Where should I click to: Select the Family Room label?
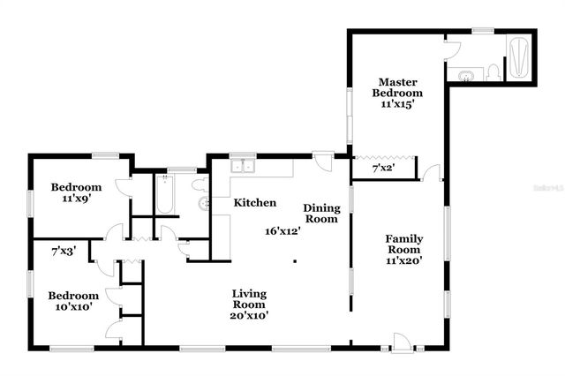404,245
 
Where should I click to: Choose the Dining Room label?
320,214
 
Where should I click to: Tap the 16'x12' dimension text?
282,231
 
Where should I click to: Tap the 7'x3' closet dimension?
63,252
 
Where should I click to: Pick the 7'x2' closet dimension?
383,168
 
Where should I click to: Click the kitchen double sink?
242,166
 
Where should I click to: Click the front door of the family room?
402,342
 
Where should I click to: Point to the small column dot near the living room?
295,260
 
